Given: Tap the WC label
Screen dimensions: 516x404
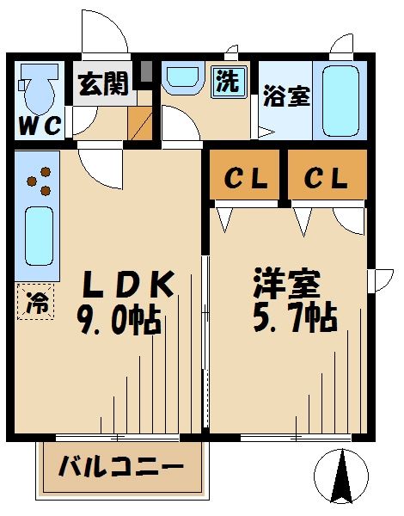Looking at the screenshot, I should click(x=40, y=126).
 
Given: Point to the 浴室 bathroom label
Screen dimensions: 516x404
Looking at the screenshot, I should click(x=286, y=96).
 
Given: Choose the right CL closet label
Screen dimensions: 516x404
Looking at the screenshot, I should click(x=325, y=179).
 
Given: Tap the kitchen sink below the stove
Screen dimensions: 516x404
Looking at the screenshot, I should click(x=38, y=236).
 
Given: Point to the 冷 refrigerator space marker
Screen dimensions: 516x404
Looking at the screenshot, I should click(x=34, y=303).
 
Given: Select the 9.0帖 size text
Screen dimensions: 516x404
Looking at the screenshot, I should click(x=120, y=322).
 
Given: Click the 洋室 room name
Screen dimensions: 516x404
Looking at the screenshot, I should click(x=286, y=284).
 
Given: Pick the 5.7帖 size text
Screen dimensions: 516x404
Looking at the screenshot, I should click(x=294, y=320).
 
